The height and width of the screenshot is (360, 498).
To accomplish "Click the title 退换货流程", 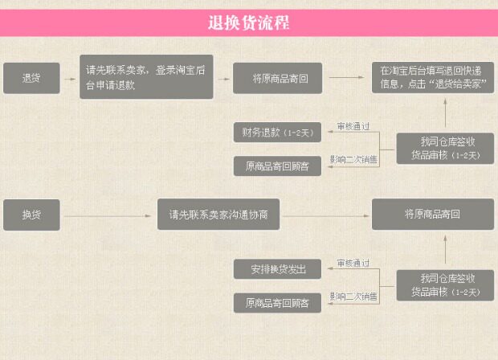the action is (248, 22).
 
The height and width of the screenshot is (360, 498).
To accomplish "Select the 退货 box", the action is (31, 78).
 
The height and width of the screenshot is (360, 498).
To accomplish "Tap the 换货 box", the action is (31, 215).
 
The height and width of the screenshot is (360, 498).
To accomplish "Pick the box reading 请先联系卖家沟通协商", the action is (218, 215).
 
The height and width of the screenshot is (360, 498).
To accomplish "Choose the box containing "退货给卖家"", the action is (433, 78).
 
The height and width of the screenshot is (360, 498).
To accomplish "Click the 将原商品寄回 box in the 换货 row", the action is (433, 215).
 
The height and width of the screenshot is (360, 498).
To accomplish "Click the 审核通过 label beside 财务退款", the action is (353, 126).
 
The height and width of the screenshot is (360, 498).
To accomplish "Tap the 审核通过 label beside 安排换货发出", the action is (353, 263).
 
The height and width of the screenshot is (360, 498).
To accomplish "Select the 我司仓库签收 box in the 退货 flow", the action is (445, 148).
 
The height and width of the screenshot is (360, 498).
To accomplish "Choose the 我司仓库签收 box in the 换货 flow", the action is (445, 285).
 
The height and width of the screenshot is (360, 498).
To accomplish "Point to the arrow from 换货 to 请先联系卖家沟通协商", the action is (108, 215).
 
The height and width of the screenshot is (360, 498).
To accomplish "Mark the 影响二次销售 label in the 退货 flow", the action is (353, 159).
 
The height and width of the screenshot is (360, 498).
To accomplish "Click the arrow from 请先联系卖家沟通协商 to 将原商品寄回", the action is (325, 215).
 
